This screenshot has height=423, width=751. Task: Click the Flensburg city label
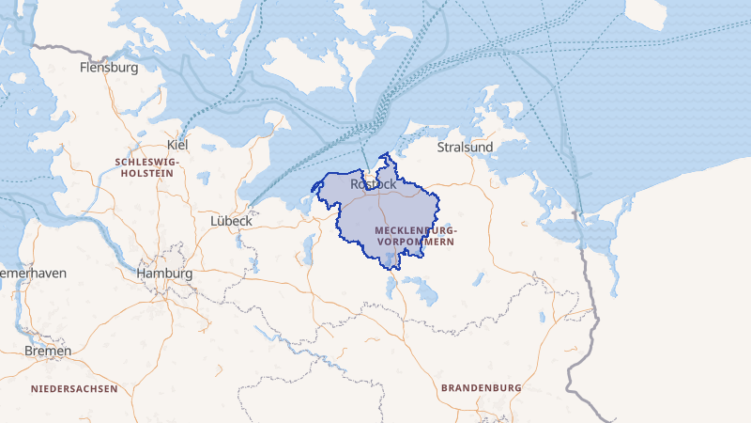[109, 68]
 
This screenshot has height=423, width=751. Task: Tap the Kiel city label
[176, 145]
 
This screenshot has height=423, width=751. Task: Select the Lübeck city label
[230, 220]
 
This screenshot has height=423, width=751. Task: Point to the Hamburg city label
[164, 274]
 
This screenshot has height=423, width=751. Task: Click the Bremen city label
[49, 351]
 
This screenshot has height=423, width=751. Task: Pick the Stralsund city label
[466, 148]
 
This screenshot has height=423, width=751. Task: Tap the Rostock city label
[373, 185]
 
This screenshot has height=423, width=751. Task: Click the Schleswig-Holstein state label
[145, 167]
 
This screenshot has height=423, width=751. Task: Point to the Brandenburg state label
[481, 387]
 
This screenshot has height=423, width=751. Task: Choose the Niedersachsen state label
[74, 388]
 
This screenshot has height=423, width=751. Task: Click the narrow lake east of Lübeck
[307, 249]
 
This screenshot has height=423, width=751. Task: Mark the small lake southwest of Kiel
[204, 176]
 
